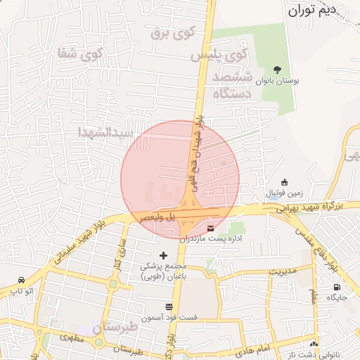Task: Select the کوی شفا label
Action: [x=82, y=53]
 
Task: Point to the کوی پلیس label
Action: [x=221, y=54]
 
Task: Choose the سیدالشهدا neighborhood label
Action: [x=105, y=132]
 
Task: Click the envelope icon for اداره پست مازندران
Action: [x=212, y=227]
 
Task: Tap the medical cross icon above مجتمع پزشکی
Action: [x=164, y=255]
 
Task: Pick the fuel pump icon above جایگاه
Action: [x=337, y=287]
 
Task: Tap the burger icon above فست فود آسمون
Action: [x=169, y=307]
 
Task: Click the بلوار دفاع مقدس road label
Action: [x=318, y=246]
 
